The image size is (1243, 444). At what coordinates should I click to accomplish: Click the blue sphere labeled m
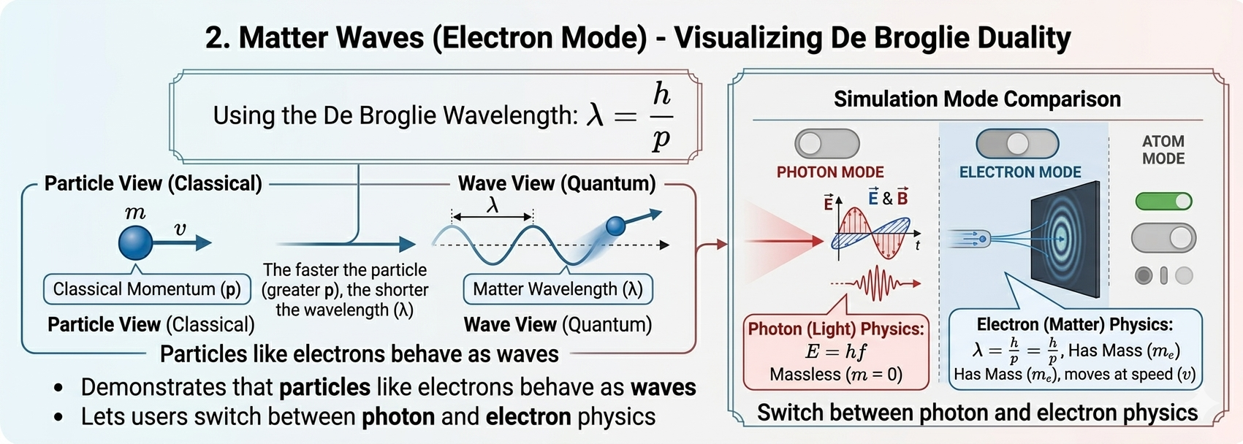coord(136,242)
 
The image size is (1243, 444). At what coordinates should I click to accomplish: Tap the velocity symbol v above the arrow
coord(180,229)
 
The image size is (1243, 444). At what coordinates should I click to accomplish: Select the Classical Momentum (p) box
coord(147,289)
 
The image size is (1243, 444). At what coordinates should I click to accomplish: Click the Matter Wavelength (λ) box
coord(558,289)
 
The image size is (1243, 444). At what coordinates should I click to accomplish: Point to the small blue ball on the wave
coord(616,226)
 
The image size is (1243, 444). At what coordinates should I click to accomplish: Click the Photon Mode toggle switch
coord(827,144)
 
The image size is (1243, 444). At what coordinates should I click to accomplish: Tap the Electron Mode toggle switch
coord(1017,144)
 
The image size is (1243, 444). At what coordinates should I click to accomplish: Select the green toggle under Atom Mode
coord(1163,201)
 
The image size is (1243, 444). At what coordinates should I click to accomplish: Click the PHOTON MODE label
coord(830,172)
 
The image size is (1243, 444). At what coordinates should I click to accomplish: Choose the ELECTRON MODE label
coord(1020,172)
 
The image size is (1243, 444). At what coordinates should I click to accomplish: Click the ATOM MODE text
coord(1163,150)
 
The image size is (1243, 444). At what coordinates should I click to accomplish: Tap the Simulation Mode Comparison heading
coord(977,99)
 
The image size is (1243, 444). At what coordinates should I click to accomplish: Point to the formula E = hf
coord(835,352)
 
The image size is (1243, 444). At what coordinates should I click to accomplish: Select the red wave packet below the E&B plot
coord(876,283)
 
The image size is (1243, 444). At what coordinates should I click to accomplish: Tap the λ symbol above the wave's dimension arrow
coord(493,206)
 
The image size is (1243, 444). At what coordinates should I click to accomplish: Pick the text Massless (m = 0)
coord(835,375)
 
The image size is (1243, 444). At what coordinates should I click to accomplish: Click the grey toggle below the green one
coord(1163,238)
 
